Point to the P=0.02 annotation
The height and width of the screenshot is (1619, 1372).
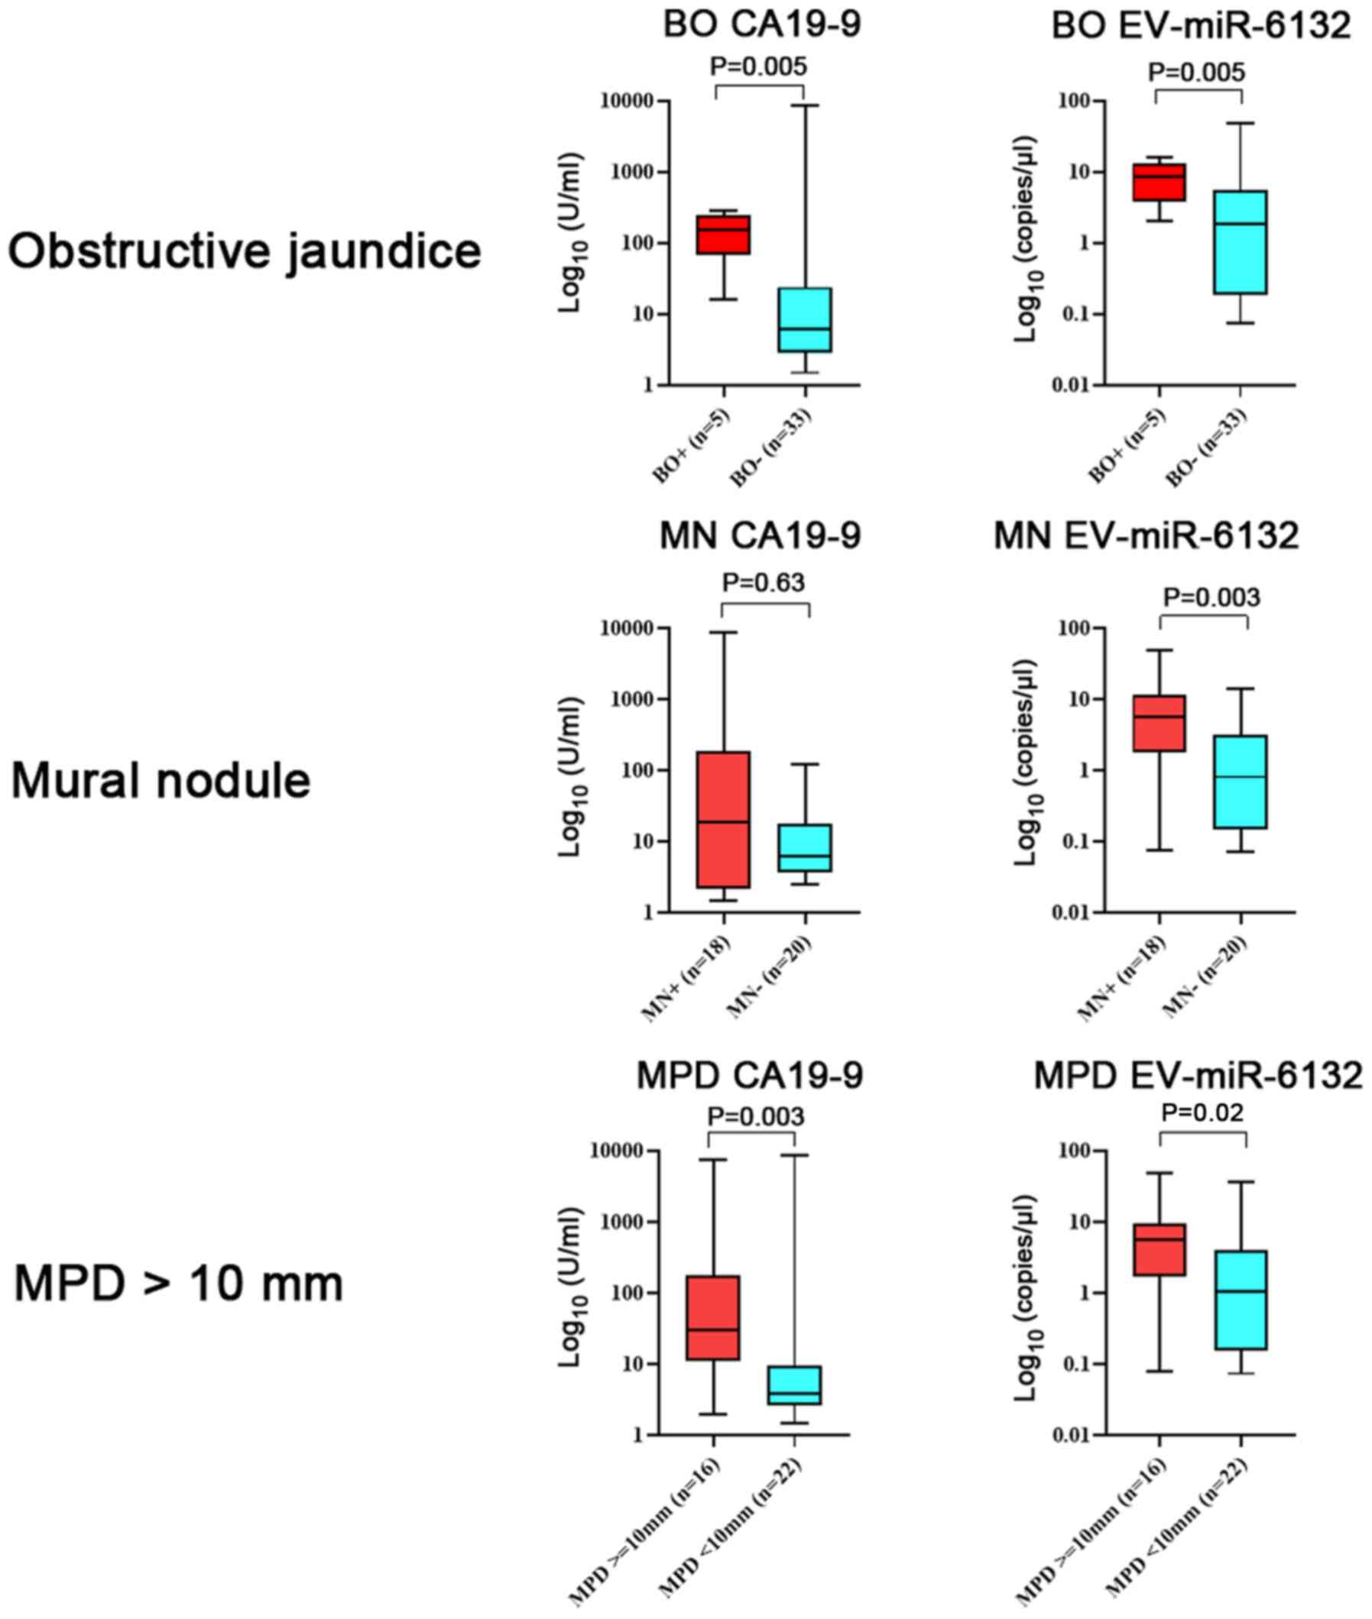tap(1202, 1112)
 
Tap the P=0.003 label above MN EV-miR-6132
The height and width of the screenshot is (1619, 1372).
tap(1211, 597)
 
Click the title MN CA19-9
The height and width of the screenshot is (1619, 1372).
tap(760, 536)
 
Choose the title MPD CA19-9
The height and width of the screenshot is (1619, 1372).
tap(750, 1077)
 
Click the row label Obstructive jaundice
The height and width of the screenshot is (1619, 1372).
tap(245, 253)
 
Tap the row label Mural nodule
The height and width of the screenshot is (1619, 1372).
tap(161, 782)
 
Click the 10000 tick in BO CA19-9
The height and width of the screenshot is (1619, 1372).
tap(626, 101)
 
